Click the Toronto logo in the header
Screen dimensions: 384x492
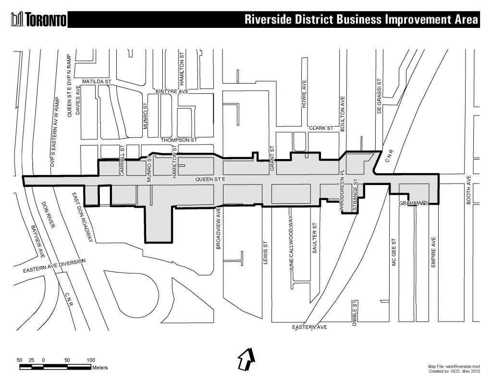click(x=38, y=19)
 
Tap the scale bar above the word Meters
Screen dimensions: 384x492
click(x=55, y=367)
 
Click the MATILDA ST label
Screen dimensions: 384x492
click(x=96, y=82)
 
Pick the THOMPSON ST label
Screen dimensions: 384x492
click(x=179, y=140)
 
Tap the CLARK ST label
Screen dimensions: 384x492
click(x=321, y=128)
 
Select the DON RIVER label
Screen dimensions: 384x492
click(x=45, y=215)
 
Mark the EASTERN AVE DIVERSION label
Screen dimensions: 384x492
click(x=54, y=266)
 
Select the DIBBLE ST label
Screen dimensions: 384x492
click(x=354, y=312)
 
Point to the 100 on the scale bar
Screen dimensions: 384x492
click(x=90, y=359)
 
